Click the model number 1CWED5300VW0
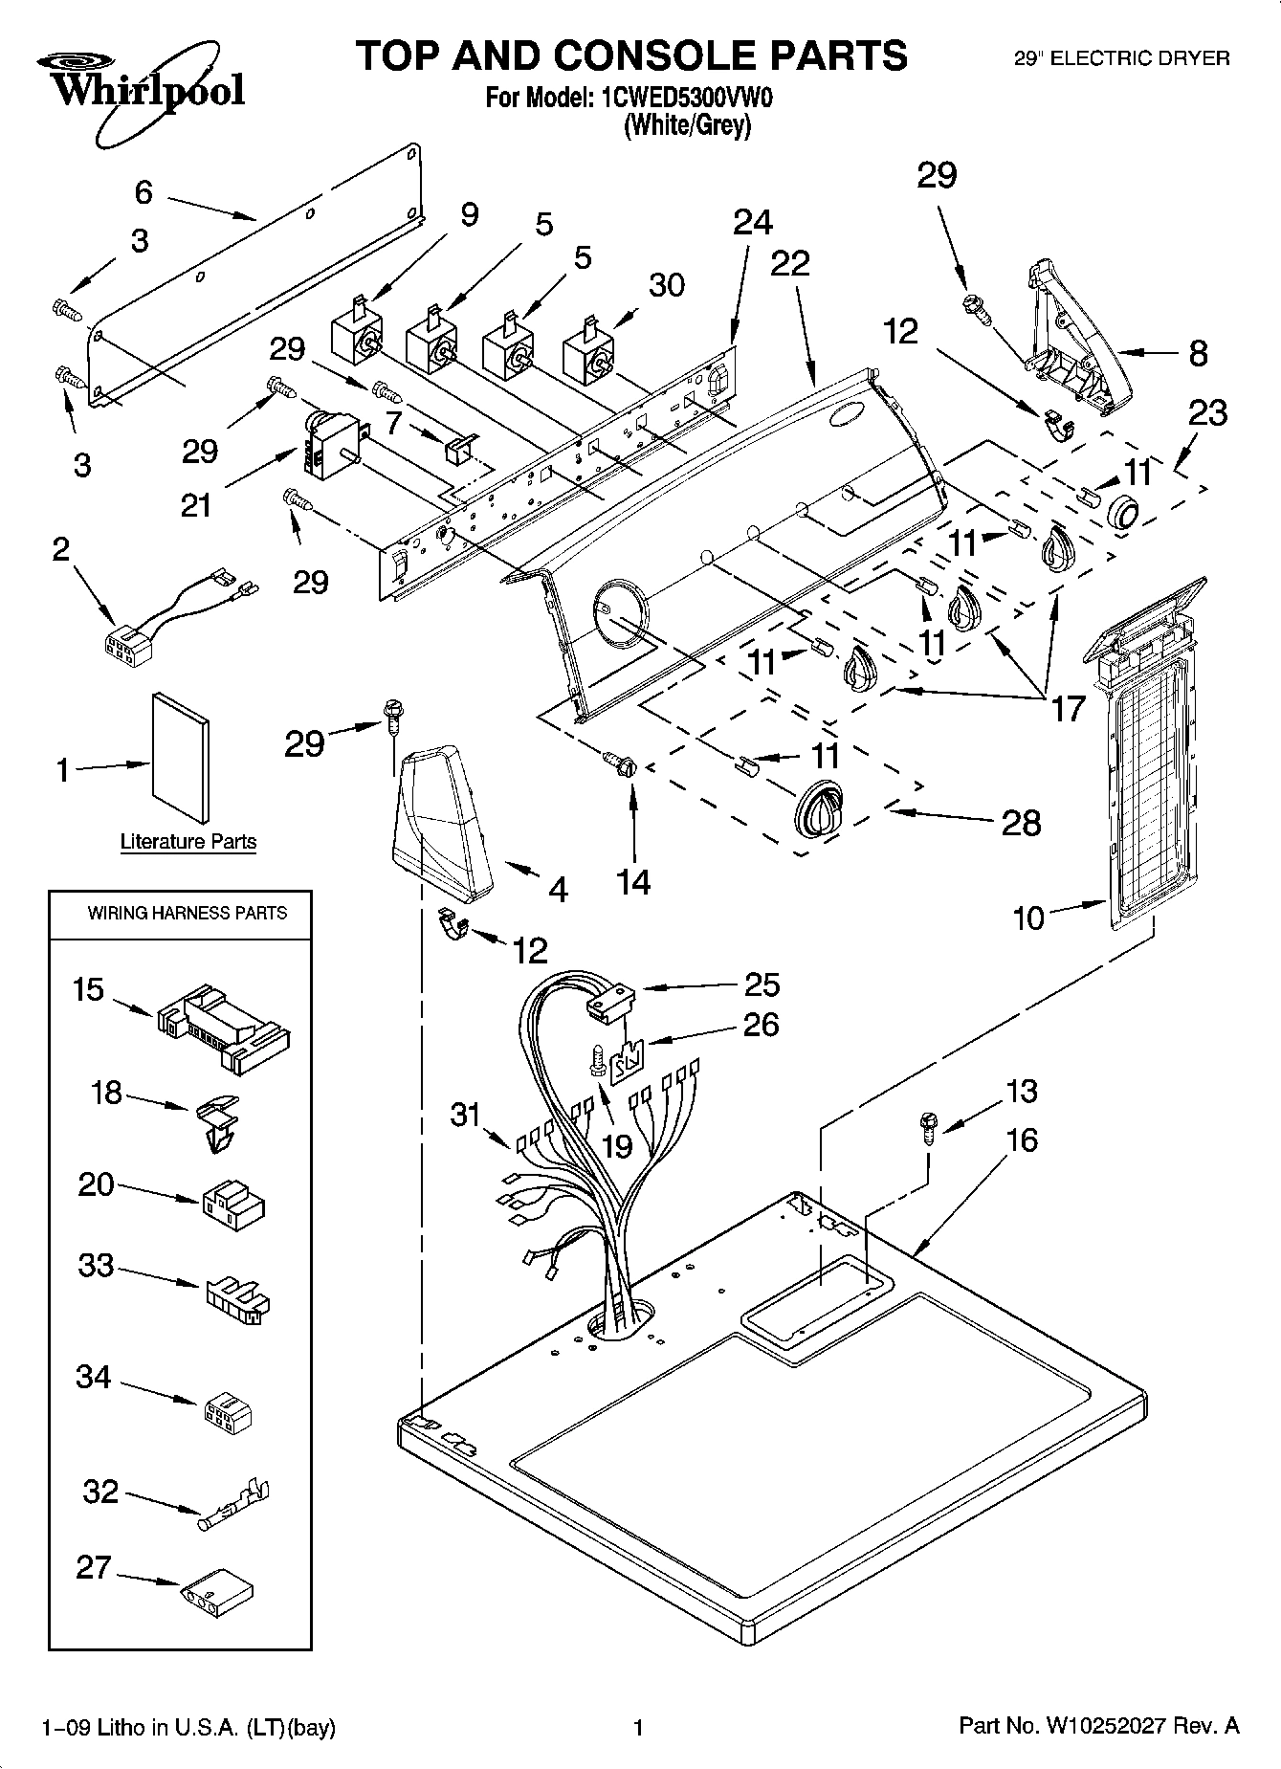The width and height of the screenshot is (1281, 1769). click(684, 98)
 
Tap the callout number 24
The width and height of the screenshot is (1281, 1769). click(752, 222)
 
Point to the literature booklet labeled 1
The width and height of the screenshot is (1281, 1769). click(181, 757)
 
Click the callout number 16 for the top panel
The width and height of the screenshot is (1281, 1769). click(1022, 1140)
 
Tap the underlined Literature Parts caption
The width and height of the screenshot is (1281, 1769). click(188, 842)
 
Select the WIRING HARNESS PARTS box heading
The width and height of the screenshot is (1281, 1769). click(187, 913)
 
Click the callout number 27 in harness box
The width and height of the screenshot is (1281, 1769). click(94, 1567)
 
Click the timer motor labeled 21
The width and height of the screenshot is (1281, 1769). click(331, 445)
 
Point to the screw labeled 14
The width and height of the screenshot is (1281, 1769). click(618, 763)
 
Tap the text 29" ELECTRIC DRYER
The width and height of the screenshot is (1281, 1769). click(1120, 59)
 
